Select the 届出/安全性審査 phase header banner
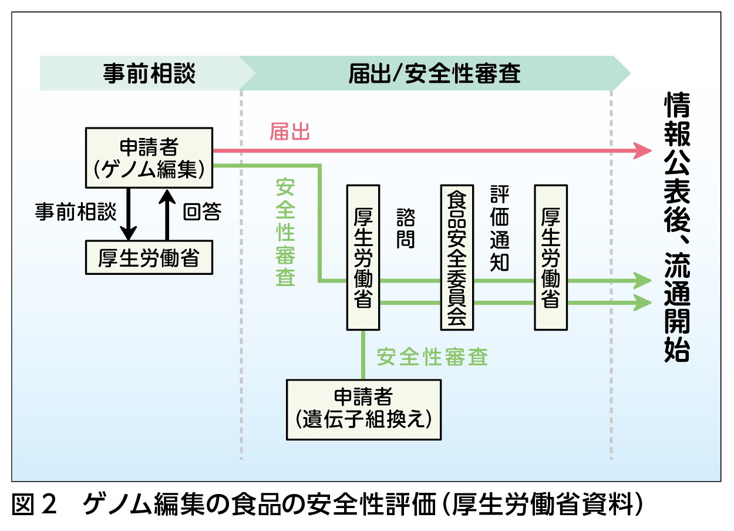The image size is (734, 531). pos(435,73)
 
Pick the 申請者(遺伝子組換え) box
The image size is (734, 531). pos(364,409)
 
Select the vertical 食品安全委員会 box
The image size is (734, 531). pos(457,257)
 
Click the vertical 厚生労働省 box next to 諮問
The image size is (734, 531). pos(363,257)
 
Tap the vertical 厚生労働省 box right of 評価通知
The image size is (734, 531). pos(550,257)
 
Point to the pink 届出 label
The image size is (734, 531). pos(289,132)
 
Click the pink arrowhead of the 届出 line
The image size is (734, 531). pos(645,151)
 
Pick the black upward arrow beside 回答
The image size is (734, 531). pos(167,214)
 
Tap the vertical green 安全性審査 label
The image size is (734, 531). pos(285,232)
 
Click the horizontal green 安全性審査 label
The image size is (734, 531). pos(432,357)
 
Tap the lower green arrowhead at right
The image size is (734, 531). pos(645,303)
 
